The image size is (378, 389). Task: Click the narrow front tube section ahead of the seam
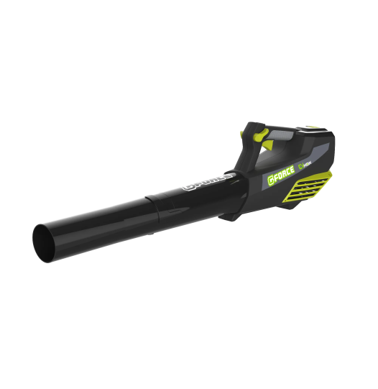tap(101, 219)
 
